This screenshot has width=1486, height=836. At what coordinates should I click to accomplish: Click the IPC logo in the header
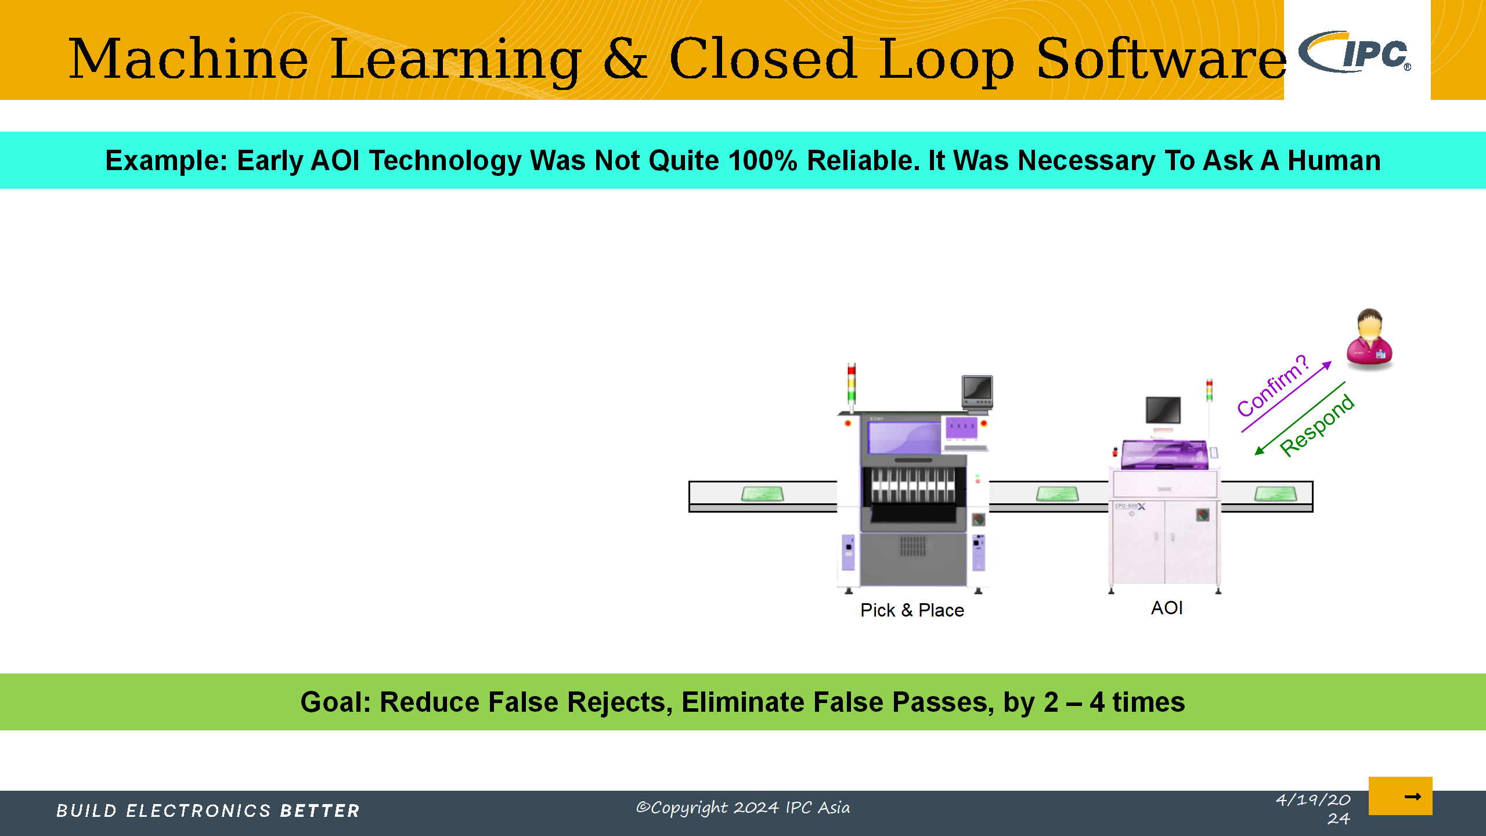tap(1355, 52)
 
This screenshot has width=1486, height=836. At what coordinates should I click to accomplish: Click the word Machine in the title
tap(189, 59)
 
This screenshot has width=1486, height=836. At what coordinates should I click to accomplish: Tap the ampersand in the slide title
tap(625, 58)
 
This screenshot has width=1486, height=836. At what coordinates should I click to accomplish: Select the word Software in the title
tap(1162, 59)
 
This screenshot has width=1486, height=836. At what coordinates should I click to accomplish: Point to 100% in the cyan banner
tap(763, 160)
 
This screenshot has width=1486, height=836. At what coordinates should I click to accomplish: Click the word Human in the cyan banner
tap(1334, 160)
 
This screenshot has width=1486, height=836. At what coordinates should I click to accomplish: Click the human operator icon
tap(1370, 339)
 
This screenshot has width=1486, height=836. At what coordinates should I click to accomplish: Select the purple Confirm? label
tap(1273, 385)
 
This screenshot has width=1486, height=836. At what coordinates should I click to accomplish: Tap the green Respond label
tap(1317, 426)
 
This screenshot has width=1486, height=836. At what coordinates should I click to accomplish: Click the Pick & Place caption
tap(912, 610)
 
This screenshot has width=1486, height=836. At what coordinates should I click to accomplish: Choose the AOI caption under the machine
tap(1167, 608)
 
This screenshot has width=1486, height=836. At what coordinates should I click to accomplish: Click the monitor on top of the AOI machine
tap(1163, 410)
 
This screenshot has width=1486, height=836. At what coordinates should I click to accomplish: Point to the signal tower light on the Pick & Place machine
tap(852, 384)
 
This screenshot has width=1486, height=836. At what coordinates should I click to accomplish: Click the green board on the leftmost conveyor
tap(763, 494)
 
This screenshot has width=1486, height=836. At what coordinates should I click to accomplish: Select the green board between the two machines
tap(1058, 494)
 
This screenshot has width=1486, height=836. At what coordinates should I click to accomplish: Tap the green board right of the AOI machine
tap(1275, 494)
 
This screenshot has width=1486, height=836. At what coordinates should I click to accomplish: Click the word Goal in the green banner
tap(336, 702)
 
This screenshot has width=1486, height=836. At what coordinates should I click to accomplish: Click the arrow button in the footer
tap(1400, 796)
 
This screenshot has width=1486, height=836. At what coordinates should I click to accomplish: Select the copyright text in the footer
tap(743, 808)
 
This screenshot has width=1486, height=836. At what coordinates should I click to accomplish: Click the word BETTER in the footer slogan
tap(320, 810)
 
